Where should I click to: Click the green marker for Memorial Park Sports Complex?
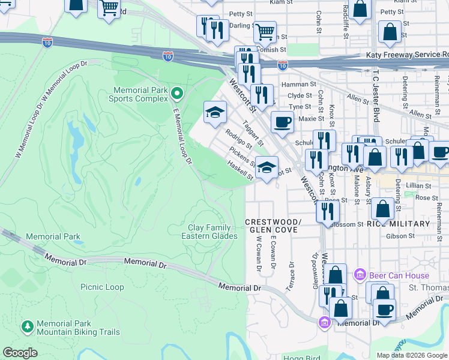click(176, 94)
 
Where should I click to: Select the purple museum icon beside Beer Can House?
click(360, 275)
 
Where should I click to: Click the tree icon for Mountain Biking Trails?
click(27, 326)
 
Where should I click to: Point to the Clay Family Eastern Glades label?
click(209, 232)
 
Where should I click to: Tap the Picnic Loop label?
click(102, 287)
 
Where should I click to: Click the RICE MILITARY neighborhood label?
click(402, 224)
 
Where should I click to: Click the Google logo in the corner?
click(20, 353)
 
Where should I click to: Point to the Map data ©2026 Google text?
click(411, 355)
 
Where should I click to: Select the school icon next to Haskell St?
click(267, 167)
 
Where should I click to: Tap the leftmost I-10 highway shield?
click(47, 42)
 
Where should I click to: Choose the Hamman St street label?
click(302, 85)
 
